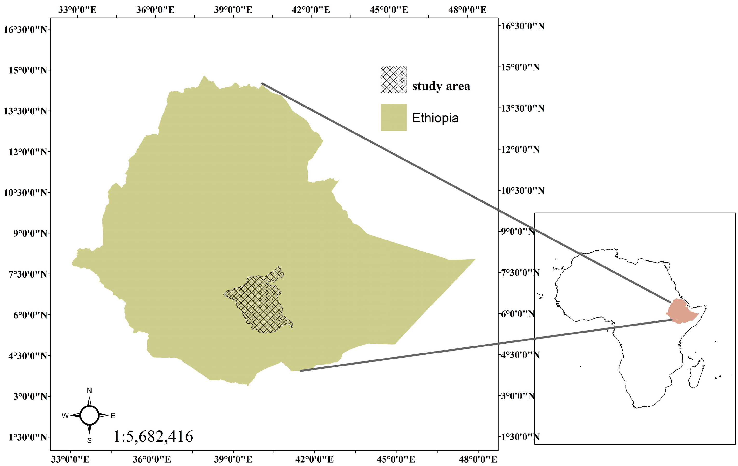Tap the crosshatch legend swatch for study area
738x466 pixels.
pyautogui.click(x=394, y=79)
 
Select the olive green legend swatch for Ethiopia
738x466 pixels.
pyautogui.click(x=394, y=117)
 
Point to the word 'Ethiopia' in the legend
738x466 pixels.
pyautogui.click(x=435, y=118)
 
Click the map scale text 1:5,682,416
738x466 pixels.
pyautogui.click(x=153, y=436)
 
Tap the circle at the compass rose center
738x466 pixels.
pyautogui.click(x=89, y=415)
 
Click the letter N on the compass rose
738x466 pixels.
pyautogui.click(x=89, y=391)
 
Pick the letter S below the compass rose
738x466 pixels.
pyautogui.click(x=89, y=441)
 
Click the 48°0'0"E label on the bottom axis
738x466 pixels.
pyautogui.click(x=478, y=459)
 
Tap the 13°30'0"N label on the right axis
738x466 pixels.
pyautogui.click(x=523, y=108)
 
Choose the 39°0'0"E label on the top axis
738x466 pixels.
pyautogui.click(x=233, y=10)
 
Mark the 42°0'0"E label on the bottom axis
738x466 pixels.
pyautogui.click(x=314, y=459)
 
